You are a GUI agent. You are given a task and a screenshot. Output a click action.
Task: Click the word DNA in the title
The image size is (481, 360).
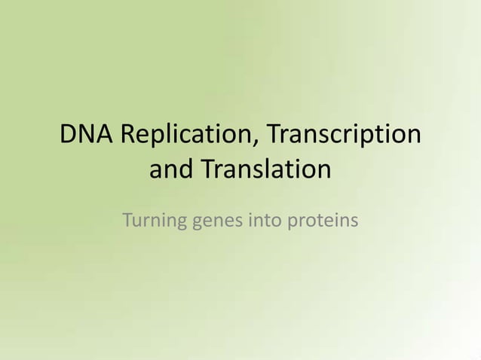click(x=87, y=136)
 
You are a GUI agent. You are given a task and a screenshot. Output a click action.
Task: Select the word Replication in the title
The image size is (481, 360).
click(x=179, y=136)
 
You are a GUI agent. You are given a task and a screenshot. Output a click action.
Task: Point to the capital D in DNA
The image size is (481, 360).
click(x=69, y=136)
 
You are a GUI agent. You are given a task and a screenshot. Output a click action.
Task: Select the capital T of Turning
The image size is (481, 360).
click(x=127, y=221)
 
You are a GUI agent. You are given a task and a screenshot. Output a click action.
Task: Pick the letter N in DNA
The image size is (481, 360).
click(x=87, y=136)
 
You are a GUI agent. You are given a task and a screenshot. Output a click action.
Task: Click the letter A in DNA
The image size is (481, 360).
click(x=105, y=136)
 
